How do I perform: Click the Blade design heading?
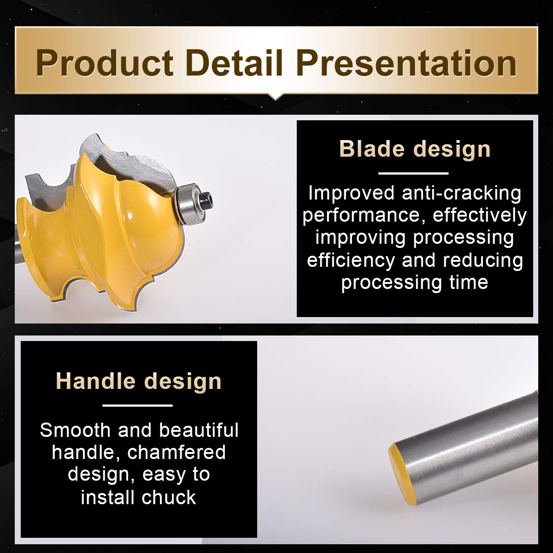[415, 149]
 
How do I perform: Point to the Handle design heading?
[139, 382]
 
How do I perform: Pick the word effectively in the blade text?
[480, 215]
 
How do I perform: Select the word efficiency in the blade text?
[351, 260]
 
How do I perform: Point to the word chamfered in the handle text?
[176, 453]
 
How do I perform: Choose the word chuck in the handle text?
[169, 497]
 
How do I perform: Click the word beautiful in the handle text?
[199, 430]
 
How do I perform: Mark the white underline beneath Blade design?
[413, 173]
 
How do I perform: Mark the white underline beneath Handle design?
[137, 406]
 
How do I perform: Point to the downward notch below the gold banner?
[276, 96]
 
